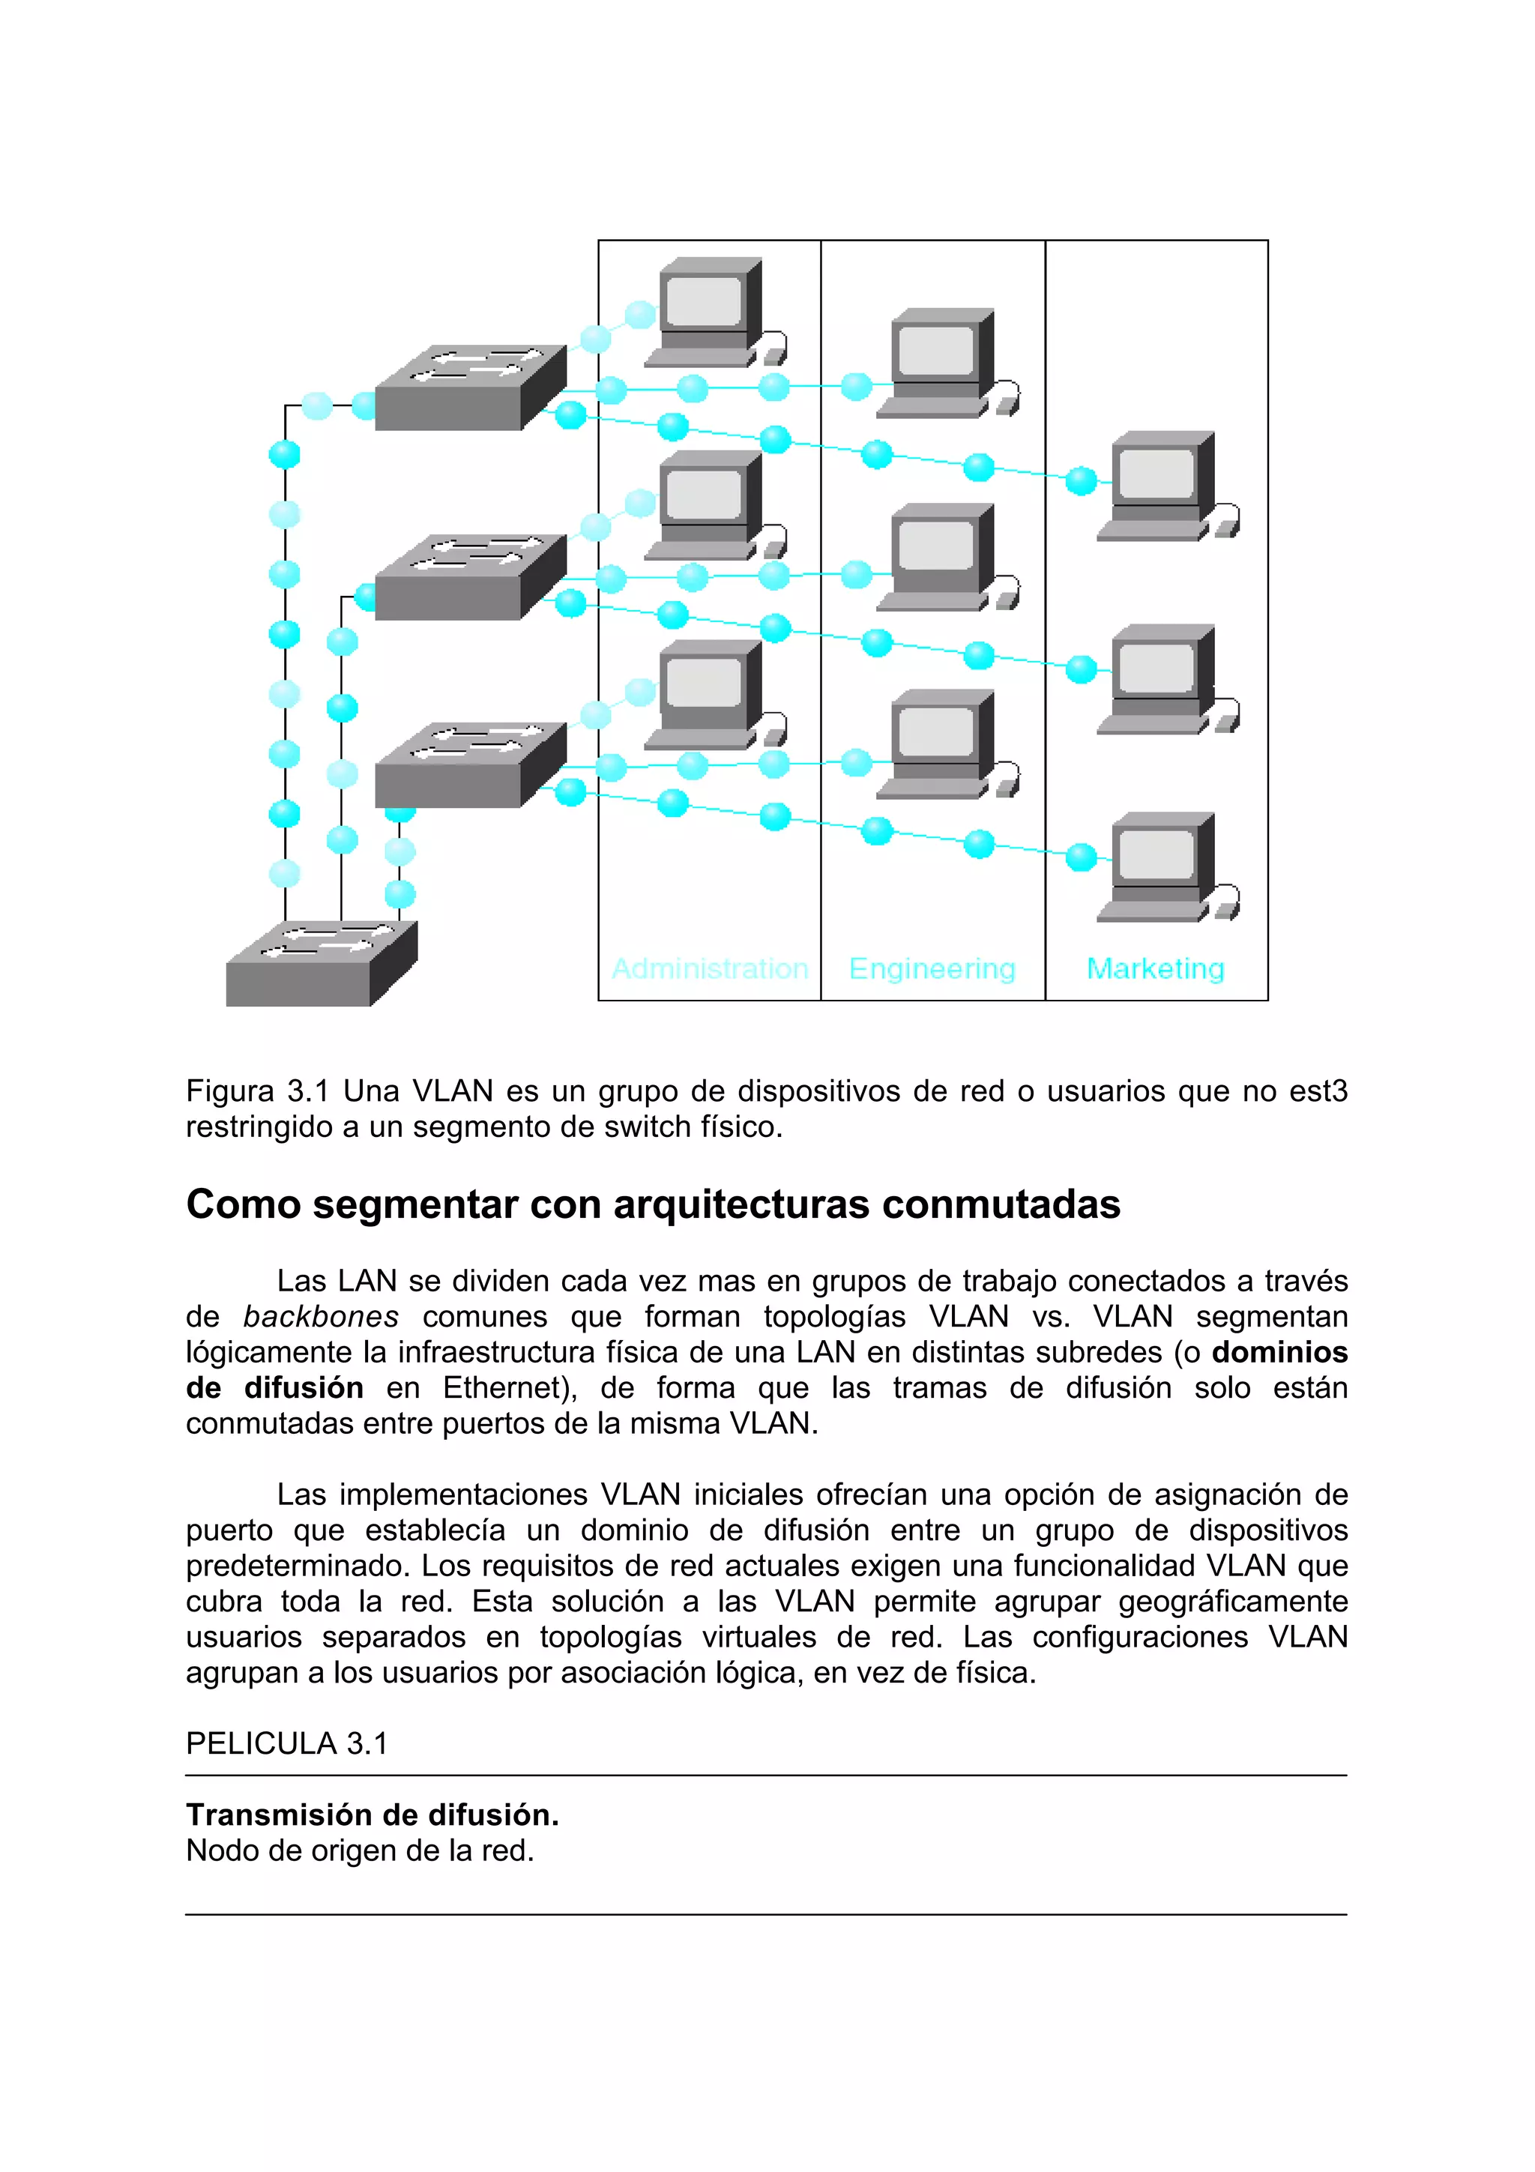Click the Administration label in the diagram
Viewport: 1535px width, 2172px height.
(709, 968)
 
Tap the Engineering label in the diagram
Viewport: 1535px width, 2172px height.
(932, 968)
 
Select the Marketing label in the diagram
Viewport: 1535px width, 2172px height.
(1155, 968)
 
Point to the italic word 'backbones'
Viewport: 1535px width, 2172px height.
(321, 1317)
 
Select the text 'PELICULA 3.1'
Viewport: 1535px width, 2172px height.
(286, 1743)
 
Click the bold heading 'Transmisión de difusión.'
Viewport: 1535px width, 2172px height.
(372, 1814)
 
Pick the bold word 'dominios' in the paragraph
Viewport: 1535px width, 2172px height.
(1279, 1352)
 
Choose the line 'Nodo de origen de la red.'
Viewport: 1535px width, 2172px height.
(360, 1850)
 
